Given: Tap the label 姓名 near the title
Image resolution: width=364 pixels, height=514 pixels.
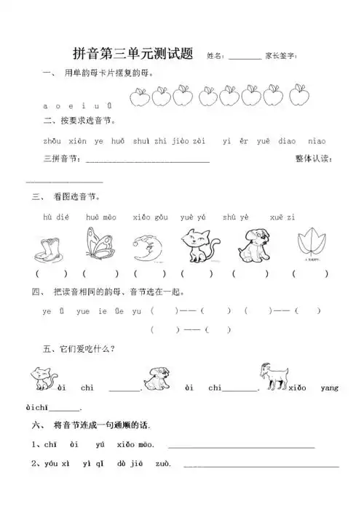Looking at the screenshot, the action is tap(215, 55).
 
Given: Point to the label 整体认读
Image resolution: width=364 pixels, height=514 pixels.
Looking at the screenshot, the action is tap(313, 159).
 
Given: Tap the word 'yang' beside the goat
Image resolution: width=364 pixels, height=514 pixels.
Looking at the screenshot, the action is tap(329, 388).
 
